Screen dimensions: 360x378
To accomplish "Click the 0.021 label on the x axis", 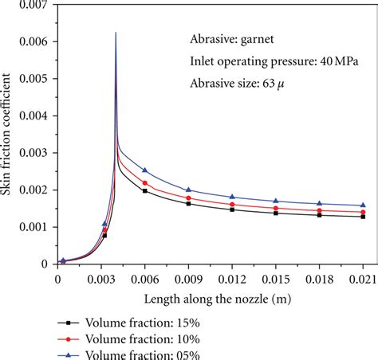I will click(363, 280).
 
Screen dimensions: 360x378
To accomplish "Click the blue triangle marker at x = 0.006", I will click(144, 170).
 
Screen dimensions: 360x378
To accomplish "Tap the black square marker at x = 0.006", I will click(144, 191).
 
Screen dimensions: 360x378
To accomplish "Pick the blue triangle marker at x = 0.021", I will click(363, 205).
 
